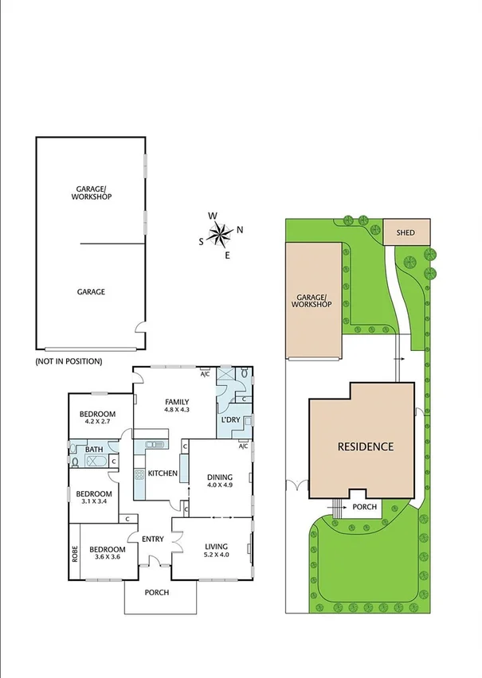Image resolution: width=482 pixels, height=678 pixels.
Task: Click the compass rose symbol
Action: point(220,233)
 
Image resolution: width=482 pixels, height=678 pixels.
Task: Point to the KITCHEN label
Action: point(163,473)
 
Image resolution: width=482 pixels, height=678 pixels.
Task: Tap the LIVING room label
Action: point(216,547)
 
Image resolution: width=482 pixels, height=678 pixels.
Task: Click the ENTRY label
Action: point(153,539)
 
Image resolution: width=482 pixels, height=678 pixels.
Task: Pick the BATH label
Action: point(94,450)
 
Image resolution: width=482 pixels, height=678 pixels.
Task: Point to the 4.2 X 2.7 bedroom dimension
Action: point(98,423)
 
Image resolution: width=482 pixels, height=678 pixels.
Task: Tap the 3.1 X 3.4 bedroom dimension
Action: point(92,501)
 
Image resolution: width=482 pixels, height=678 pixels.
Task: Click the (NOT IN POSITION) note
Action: point(69,361)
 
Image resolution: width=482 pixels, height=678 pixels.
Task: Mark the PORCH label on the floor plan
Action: point(157,593)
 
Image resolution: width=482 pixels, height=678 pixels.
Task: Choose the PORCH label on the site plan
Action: point(364,507)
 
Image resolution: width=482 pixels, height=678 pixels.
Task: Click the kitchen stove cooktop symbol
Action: point(139,475)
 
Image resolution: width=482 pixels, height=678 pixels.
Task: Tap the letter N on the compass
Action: point(240,230)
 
